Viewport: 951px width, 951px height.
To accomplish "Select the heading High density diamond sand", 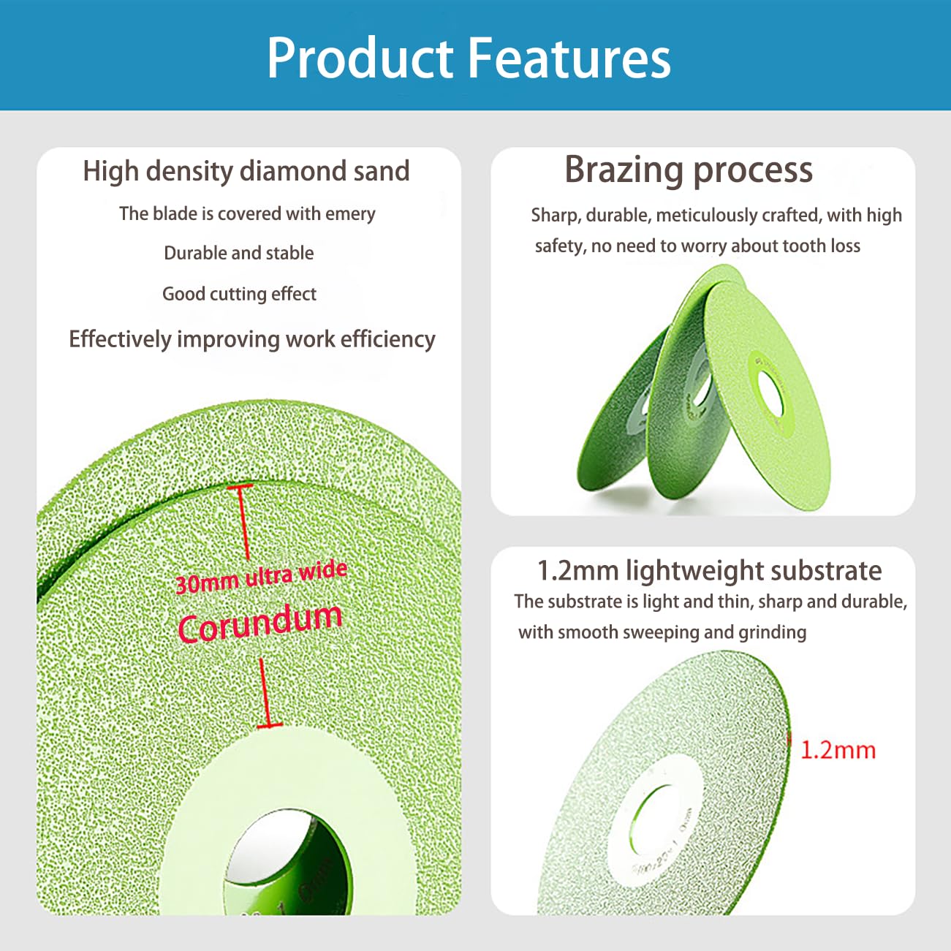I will pos(246,171).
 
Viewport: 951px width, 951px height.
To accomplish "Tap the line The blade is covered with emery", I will pos(247,213).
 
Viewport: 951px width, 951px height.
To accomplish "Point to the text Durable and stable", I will pos(238,253).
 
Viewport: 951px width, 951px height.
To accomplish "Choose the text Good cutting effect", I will pos(239,294).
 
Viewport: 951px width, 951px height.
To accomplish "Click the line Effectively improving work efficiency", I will pos(251,339).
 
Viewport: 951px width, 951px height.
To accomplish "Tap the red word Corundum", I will pos(260,623).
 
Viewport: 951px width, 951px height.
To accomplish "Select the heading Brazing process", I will pos(688,170).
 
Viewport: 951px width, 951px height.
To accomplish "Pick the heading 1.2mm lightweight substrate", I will pos(709,570).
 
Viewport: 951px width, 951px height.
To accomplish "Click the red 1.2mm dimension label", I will pos(838,750).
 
